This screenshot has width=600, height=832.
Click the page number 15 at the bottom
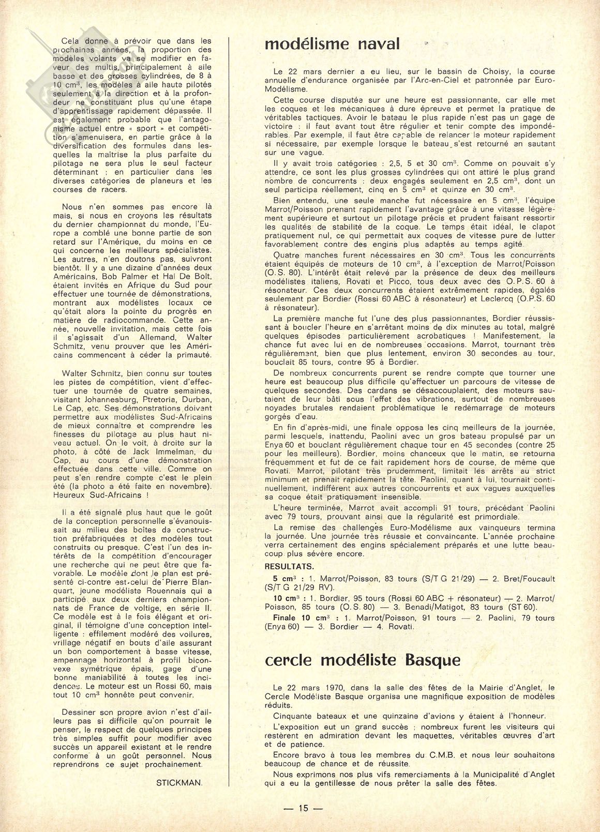coord(303,808)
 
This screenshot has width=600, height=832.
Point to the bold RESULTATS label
coord(289,566)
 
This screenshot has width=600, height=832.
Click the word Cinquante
coord(294,716)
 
